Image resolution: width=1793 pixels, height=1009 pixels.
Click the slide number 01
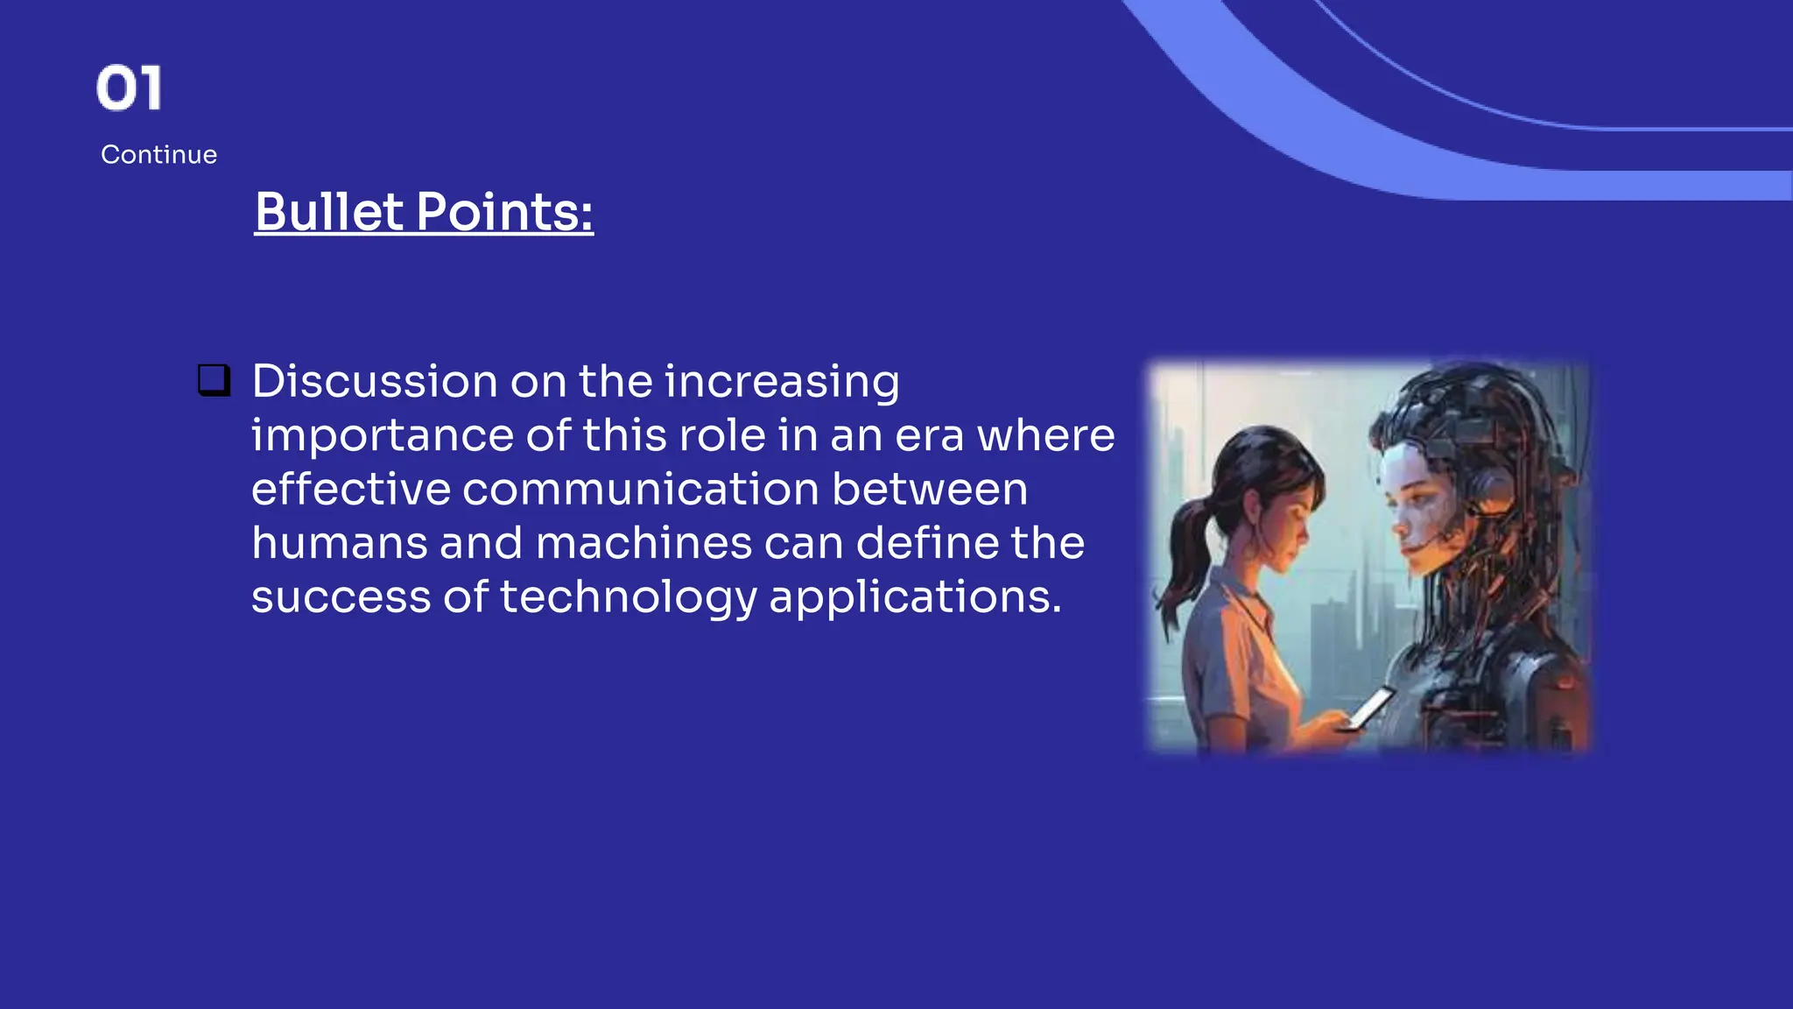(130, 88)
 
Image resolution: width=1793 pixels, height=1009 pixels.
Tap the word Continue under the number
(158, 155)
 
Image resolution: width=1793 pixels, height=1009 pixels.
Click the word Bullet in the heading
(328, 212)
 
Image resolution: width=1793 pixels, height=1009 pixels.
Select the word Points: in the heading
(504, 212)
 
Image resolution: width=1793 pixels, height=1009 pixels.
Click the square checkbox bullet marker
(214, 381)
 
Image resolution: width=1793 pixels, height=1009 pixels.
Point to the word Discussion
(375, 382)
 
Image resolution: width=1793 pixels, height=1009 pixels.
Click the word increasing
(781, 382)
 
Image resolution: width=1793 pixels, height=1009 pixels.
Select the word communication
(640, 489)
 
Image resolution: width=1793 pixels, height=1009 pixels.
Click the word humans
(340, 543)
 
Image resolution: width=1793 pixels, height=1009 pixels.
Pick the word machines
(643, 543)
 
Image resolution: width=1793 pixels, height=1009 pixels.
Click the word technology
(628, 598)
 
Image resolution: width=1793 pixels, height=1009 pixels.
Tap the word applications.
(914, 598)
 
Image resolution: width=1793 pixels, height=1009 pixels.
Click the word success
(341, 598)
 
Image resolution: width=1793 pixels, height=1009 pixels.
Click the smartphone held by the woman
(1371, 707)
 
